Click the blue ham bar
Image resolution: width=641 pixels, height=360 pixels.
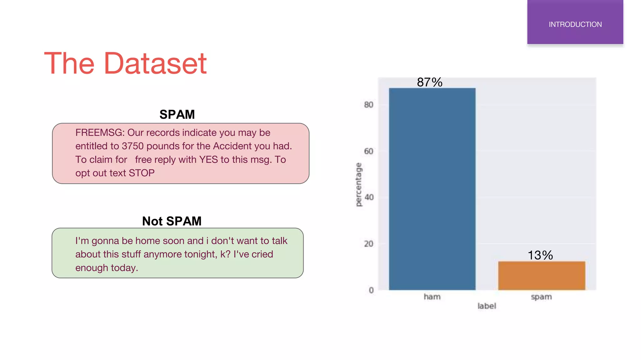(x=432, y=189)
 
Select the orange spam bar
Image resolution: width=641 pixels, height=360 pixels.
(x=541, y=276)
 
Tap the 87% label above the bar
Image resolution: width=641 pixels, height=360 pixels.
(x=429, y=82)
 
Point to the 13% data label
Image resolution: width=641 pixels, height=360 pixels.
(x=540, y=255)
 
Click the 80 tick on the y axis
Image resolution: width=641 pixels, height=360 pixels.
(x=369, y=105)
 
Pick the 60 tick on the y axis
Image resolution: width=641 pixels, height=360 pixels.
(x=369, y=151)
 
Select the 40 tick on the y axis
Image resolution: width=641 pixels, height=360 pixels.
(x=369, y=197)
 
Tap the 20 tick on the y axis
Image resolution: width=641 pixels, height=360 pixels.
(x=369, y=244)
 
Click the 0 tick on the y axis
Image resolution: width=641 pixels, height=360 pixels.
(x=371, y=290)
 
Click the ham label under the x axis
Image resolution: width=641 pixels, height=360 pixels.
(x=432, y=297)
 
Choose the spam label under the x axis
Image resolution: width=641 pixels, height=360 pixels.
(x=541, y=297)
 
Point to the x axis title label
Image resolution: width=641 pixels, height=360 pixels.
(x=487, y=306)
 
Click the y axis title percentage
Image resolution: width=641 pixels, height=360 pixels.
(x=359, y=184)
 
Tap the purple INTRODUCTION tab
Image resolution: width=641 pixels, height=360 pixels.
(x=575, y=24)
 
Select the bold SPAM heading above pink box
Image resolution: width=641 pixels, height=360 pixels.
(x=177, y=114)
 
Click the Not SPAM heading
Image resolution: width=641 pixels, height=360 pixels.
(x=172, y=221)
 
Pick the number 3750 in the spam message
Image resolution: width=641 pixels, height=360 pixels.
(x=132, y=146)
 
